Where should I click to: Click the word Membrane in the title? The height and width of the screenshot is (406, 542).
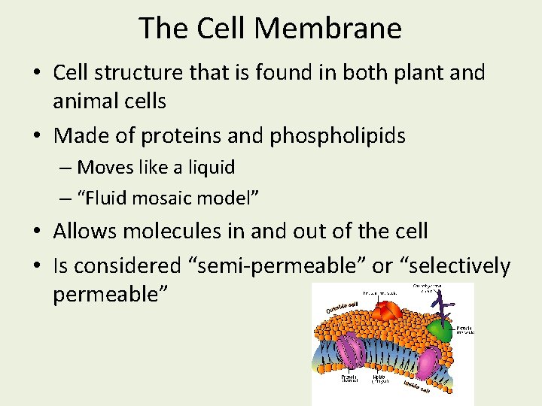click(328, 29)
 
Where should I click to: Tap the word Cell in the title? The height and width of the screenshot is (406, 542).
click(224, 29)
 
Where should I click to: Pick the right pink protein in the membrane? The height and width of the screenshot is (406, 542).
click(428, 362)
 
